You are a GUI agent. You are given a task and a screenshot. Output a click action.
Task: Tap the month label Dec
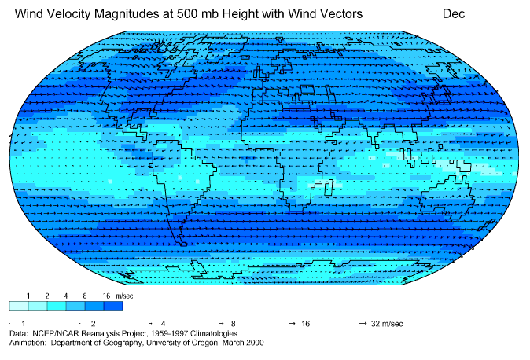click(454, 13)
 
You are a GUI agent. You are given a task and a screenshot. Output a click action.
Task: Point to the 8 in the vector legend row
click(234, 324)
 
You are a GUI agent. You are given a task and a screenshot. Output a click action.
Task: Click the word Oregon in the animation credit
click(194, 342)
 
